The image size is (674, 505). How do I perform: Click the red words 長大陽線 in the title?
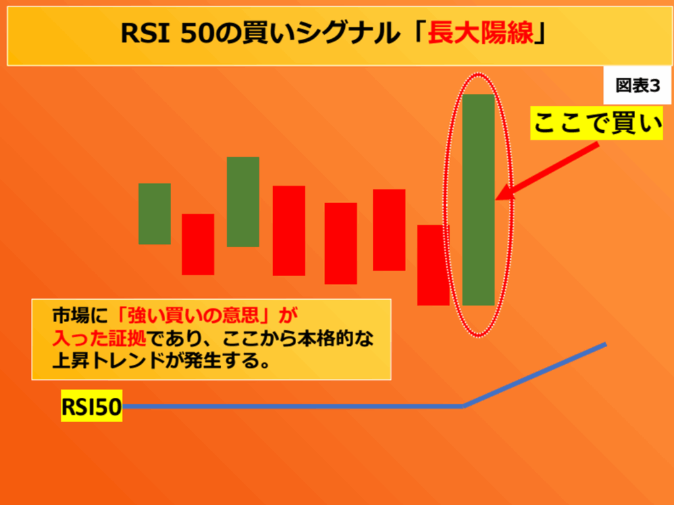coord(480,33)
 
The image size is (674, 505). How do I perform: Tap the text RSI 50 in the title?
coord(167,33)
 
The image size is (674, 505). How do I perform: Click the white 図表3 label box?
coord(637,85)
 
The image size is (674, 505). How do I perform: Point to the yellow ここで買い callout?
coord(596,123)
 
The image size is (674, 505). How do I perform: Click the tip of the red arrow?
coord(496,199)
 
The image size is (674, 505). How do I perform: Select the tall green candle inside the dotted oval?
coord(479,200)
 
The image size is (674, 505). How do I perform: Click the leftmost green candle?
coord(155,214)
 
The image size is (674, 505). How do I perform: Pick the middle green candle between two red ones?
coord(243,202)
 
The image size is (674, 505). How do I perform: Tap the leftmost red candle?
coord(197,245)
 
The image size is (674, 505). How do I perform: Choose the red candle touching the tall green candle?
coord(433,265)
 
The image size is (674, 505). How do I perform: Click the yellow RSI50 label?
coord(91,406)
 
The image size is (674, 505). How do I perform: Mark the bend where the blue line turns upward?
coord(463,406)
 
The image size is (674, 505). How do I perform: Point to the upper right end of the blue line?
coord(606,345)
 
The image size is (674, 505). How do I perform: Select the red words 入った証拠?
coord(99,339)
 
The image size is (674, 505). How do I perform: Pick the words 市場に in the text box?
coord(80,316)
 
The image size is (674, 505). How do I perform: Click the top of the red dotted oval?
coord(478,74)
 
